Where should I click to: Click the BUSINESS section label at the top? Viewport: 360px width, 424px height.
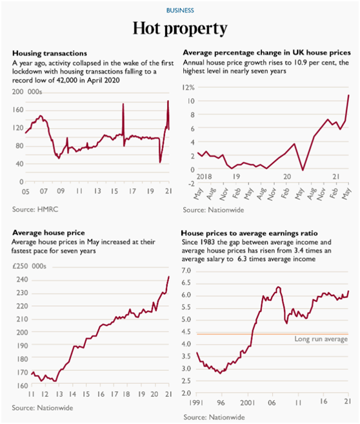pyautogui.click(x=180, y=10)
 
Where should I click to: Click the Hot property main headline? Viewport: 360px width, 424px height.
pyautogui.click(x=180, y=28)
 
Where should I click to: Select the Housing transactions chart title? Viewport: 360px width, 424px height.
pyautogui.click(x=50, y=54)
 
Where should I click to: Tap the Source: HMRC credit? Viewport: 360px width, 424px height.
pyautogui.click(x=35, y=209)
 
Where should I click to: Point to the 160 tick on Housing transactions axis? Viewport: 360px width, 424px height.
pyautogui.click(x=18, y=110)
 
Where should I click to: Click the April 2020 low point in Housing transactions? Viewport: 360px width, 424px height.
pyautogui.click(x=160, y=162)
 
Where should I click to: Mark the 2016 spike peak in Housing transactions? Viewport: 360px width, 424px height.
pyautogui.click(x=123, y=103)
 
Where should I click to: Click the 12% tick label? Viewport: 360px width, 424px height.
pyautogui.click(x=188, y=87)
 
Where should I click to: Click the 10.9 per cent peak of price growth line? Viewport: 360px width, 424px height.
pyautogui.click(x=348, y=95)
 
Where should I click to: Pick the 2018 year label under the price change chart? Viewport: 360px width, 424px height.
pyautogui.click(x=204, y=177)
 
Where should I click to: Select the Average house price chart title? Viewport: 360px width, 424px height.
pyautogui.click(x=48, y=233)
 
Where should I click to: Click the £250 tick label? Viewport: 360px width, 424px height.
pyautogui.click(x=20, y=266)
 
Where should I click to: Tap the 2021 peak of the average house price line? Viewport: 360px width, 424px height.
pyautogui.click(x=169, y=276)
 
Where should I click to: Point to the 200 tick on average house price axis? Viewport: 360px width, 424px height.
pyautogui.click(x=22, y=332)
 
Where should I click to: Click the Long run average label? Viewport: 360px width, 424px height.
pyautogui.click(x=321, y=339)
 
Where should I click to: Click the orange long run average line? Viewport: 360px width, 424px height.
pyautogui.click(x=272, y=334)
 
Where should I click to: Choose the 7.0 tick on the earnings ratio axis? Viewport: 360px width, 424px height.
pyautogui.click(x=186, y=270)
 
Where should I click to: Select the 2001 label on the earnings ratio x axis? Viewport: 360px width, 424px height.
pyautogui.click(x=247, y=403)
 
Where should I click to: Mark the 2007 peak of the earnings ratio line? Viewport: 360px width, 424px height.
pyautogui.click(x=278, y=287)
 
